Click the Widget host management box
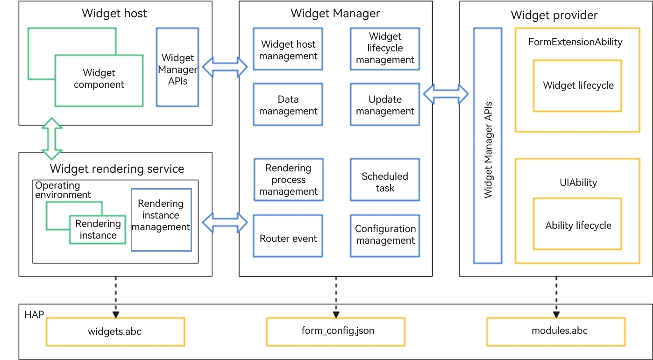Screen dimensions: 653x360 point(288,49)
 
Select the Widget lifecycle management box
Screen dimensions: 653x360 point(385,49)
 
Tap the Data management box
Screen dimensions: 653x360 point(288,105)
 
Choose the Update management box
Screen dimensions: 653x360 point(385,105)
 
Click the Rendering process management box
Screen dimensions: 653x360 point(289,180)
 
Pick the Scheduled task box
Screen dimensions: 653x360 point(385,180)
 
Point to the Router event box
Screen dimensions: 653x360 point(288,236)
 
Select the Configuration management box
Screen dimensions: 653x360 point(385,236)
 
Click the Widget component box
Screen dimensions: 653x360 point(99,80)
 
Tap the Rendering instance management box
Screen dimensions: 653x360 point(161,220)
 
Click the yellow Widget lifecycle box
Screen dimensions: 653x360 point(577,86)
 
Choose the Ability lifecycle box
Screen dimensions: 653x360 point(577,224)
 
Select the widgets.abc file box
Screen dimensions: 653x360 point(115,332)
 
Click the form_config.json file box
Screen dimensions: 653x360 point(336,332)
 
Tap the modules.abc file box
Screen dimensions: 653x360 point(556,332)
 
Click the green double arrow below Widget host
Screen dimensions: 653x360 point(52,139)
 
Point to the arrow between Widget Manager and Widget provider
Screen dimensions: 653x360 point(446,94)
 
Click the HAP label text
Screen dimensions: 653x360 point(34,315)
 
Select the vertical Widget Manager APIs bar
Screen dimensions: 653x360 point(488,146)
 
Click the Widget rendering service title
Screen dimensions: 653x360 point(117,169)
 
